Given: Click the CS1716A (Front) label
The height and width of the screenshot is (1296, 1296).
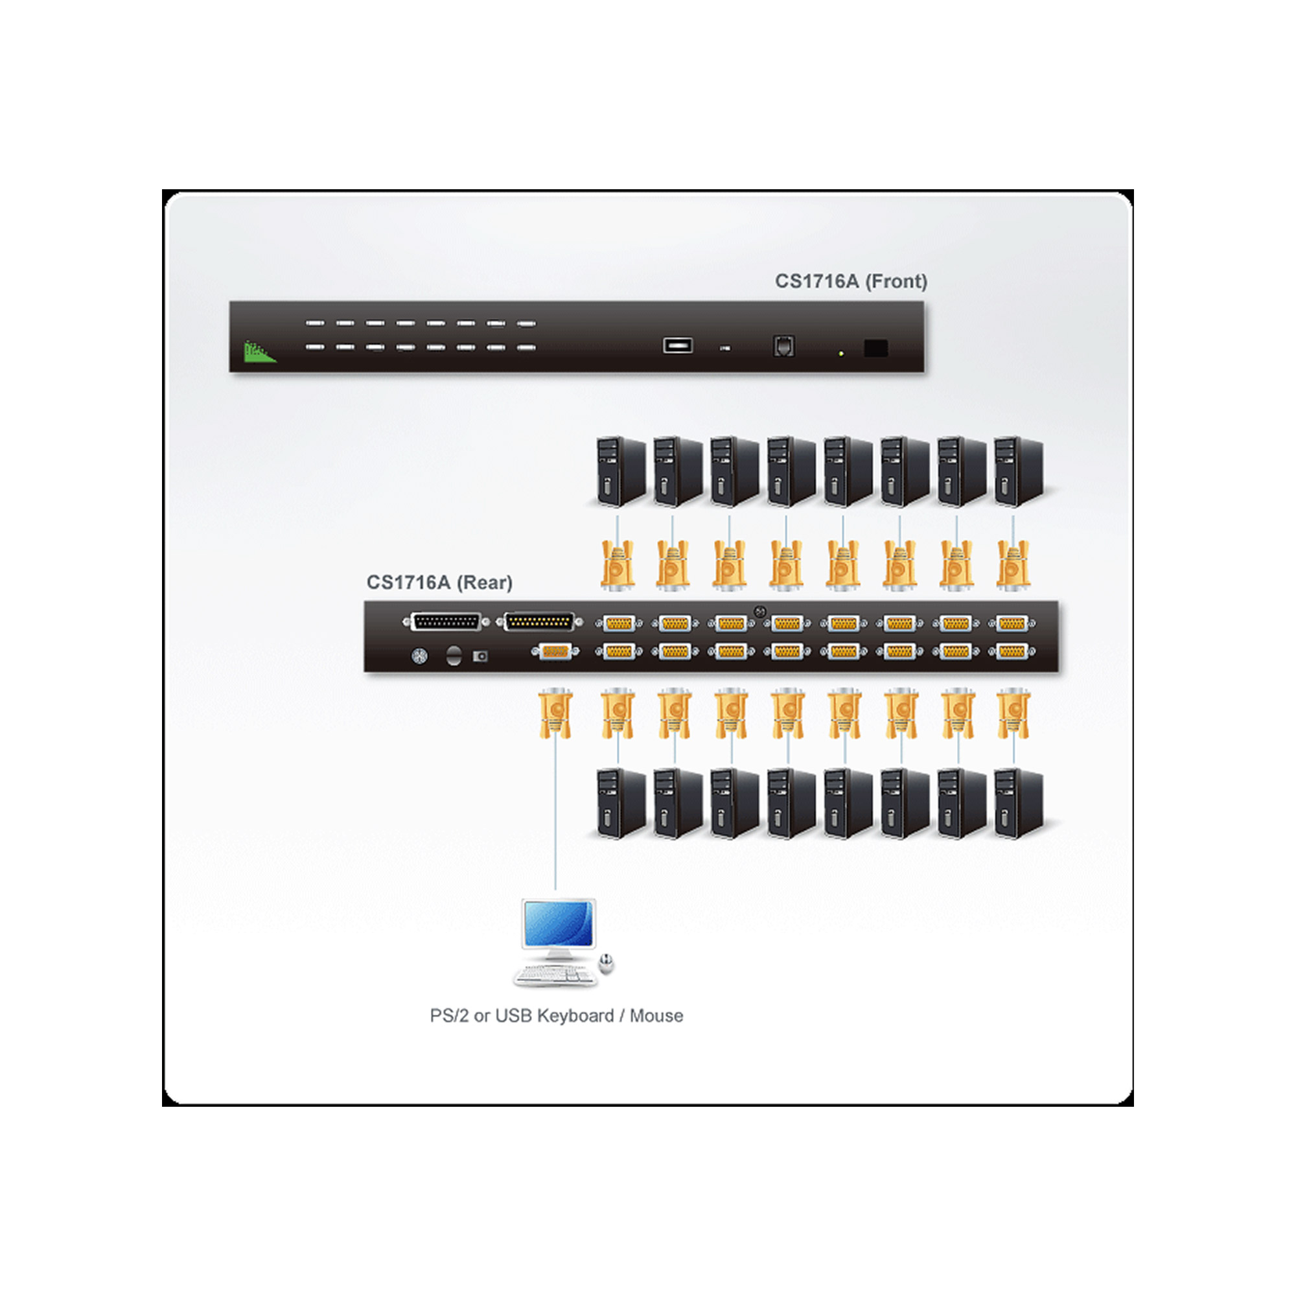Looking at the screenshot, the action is point(851,281).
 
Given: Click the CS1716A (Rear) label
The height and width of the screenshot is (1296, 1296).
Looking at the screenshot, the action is point(439,583).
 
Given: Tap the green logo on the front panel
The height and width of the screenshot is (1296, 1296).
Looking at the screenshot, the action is point(260,351).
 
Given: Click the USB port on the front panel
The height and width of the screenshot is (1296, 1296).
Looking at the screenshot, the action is point(678,345).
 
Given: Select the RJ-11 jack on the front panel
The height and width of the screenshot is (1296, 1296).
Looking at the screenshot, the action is point(783,345).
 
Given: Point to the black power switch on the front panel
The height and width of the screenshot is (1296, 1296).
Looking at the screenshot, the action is point(875,348).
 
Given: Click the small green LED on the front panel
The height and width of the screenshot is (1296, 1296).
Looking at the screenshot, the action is point(841,353).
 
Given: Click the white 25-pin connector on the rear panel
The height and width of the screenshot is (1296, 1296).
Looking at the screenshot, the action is point(445,622).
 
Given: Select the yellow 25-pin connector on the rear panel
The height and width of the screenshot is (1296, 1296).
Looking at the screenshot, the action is point(539,622).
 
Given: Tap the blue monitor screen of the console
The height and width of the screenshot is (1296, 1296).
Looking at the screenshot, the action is point(558,923).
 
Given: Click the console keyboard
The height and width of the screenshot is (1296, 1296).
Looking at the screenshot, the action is point(555,976).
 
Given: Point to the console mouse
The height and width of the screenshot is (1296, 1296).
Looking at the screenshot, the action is point(607,964).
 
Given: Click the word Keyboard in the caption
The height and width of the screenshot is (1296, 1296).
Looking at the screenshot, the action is point(575,1016).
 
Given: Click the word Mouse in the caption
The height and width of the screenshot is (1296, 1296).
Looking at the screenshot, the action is point(656,1016).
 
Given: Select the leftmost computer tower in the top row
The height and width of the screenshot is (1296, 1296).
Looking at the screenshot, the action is point(620,472).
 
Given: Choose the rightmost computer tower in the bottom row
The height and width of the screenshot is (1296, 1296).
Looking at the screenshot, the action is point(1017,803).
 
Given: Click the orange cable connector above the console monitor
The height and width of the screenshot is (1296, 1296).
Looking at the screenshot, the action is point(555,713).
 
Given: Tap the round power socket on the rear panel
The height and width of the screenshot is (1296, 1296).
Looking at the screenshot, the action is point(420,656).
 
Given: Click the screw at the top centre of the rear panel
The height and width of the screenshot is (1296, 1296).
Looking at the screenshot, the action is point(760,611).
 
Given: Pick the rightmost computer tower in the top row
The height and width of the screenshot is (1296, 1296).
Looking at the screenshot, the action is point(1017,472).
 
